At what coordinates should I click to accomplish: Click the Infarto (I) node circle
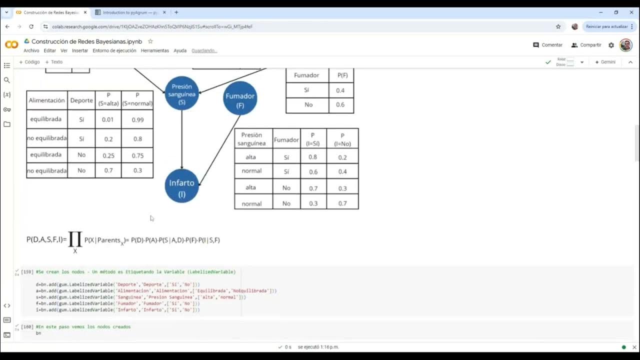181,186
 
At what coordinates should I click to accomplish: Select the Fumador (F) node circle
240,98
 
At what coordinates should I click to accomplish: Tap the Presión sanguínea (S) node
181,93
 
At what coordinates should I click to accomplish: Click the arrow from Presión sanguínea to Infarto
181,140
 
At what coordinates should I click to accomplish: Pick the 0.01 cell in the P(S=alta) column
108,119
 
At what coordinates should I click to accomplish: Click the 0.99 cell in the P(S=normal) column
137,119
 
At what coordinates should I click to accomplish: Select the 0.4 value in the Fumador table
340,90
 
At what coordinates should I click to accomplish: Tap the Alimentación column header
47,100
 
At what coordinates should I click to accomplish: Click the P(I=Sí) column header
312,139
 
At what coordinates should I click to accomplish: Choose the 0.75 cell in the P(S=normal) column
137,155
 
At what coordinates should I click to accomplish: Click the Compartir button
586,45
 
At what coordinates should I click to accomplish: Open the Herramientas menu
155,50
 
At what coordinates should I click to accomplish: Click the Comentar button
548,45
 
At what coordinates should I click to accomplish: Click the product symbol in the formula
75,239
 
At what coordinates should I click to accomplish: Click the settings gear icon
611,45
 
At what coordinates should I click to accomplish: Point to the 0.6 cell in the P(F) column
340,104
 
